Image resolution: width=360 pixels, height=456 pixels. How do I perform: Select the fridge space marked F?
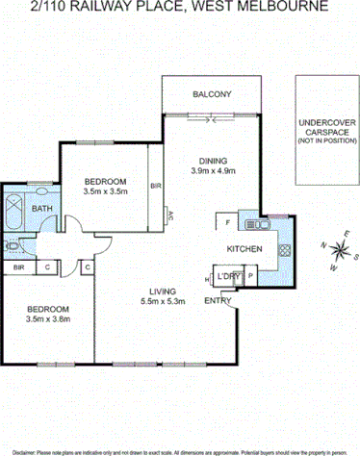[x=226, y=223]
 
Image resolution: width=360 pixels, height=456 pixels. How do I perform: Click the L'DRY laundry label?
[x=228, y=277]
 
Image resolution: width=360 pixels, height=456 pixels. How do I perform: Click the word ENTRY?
[x=218, y=300]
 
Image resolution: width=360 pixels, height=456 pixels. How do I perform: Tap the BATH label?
[x=41, y=208]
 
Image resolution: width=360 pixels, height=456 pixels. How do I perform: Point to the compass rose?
[x=339, y=253]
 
